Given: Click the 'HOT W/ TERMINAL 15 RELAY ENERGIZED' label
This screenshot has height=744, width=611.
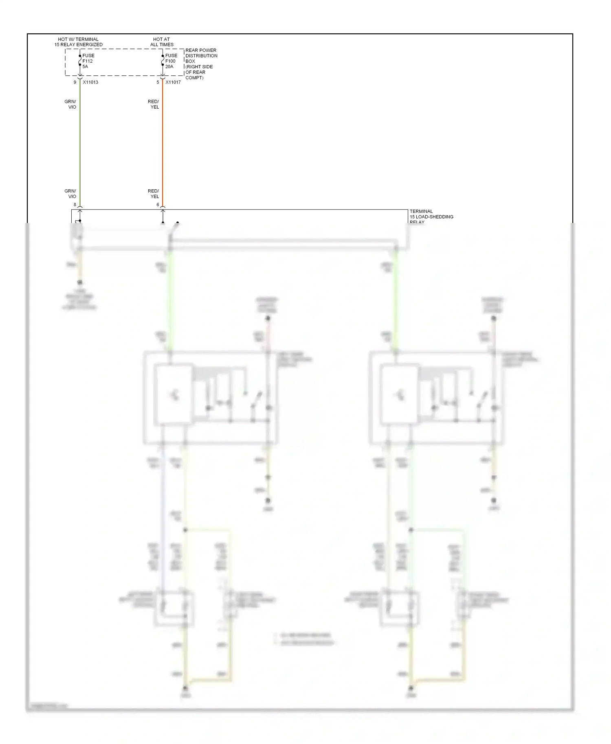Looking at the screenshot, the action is [78, 42].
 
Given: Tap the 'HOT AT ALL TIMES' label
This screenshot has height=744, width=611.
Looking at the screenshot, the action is [162, 42].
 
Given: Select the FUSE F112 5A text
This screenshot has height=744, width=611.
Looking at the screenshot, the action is [88, 61].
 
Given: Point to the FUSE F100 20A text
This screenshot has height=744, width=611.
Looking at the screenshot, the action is [171, 61].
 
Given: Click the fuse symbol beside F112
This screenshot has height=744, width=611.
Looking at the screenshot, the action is [80, 61].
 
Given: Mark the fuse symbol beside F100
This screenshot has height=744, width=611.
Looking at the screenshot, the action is [163, 61].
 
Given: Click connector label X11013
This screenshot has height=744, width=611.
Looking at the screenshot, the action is [90, 82].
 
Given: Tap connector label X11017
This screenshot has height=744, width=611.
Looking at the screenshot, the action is [173, 82].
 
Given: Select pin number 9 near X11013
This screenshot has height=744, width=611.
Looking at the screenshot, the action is [75, 82].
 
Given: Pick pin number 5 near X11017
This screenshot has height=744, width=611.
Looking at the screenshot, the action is [158, 82].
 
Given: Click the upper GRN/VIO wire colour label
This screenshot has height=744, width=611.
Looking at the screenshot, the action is [70, 104].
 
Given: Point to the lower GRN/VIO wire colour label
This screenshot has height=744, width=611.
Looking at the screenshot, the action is [70, 194].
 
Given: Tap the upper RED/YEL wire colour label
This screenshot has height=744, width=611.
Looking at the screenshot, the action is [154, 104].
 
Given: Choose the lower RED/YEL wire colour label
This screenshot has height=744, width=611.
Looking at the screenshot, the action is [154, 194].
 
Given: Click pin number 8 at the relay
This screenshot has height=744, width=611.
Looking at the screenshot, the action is [75, 205].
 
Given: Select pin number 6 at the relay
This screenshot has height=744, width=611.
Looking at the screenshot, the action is [158, 205].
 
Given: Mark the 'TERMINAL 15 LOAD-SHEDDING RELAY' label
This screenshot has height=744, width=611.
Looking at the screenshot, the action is [431, 217].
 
